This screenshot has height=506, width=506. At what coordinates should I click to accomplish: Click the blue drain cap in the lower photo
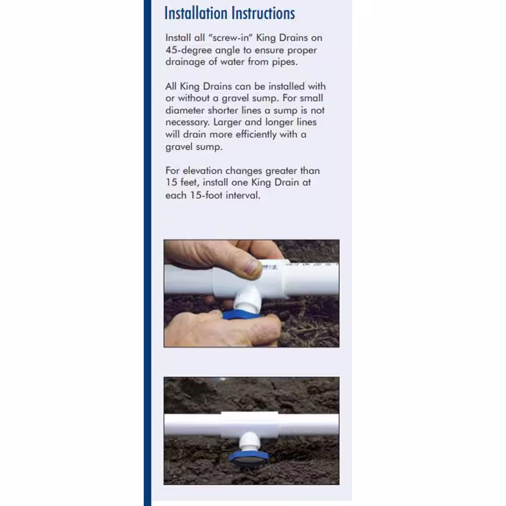(x=248, y=458)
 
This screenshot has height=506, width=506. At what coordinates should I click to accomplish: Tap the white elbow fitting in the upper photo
(x=246, y=299)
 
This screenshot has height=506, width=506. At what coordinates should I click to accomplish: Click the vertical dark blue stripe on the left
(x=147, y=253)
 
